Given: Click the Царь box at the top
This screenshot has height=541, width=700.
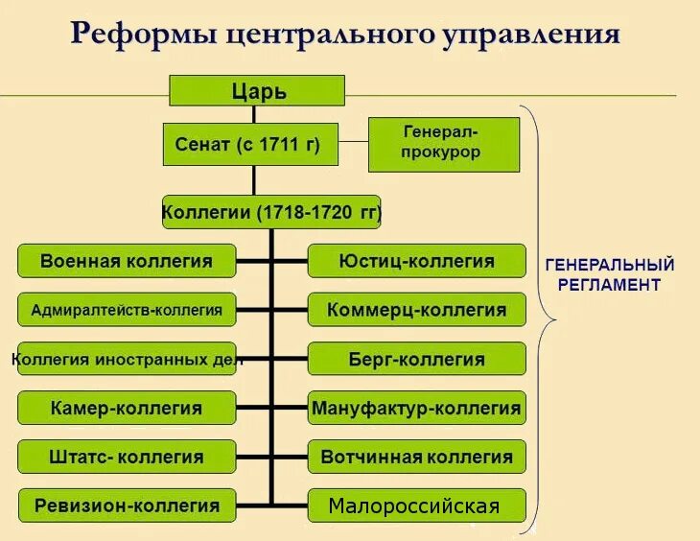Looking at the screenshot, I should [257, 91].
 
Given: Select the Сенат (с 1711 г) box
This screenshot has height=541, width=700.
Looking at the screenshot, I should [253, 145].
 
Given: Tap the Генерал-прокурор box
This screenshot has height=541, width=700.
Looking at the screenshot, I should [443, 144].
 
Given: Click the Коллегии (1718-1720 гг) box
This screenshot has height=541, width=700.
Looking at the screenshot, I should [271, 211].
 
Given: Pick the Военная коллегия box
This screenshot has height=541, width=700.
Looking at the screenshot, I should [127, 260].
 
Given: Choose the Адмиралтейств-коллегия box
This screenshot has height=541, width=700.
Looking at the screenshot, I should [127, 310].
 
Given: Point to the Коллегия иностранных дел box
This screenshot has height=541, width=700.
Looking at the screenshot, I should [127, 360].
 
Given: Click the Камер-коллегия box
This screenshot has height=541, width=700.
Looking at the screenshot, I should [127, 408].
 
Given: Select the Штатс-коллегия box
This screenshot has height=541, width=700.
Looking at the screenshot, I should [127, 457].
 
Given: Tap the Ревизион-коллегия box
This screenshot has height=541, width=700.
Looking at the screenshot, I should [127, 506].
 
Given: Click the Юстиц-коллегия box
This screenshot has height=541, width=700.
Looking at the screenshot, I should [416, 260].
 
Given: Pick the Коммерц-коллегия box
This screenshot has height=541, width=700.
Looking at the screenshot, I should [416, 310].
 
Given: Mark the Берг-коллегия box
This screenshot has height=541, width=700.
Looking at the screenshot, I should [416, 360].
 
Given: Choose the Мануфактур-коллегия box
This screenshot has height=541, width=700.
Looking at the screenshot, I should [416, 408].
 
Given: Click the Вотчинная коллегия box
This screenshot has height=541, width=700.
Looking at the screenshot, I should [416, 457].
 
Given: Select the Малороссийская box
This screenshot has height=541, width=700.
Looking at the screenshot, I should [416, 506].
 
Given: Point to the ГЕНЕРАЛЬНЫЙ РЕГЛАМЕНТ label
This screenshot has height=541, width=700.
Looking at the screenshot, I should [610, 274].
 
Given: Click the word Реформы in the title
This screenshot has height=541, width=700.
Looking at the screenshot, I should [143, 35].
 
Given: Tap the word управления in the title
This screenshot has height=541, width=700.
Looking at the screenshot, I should [531, 35].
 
